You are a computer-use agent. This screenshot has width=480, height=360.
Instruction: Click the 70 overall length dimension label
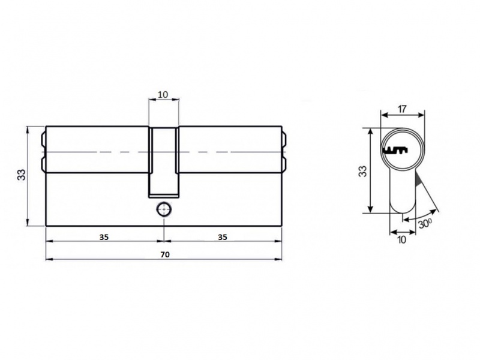click(x=164, y=254)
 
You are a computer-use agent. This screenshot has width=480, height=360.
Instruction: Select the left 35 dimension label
click(x=104, y=237)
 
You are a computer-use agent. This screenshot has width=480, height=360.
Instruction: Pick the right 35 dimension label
click(x=223, y=237)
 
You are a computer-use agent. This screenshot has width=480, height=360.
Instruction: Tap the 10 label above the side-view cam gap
click(x=163, y=95)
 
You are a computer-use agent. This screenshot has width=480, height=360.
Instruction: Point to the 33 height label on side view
click(x=22, y=175)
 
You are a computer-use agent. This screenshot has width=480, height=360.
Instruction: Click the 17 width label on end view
click(x=402, y=109)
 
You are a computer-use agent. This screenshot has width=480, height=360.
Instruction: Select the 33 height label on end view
click(x=362, y=171)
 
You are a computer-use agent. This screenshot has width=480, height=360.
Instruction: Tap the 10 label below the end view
click(x=401, y=239)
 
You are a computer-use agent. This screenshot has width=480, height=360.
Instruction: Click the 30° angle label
click(x=425, y=223)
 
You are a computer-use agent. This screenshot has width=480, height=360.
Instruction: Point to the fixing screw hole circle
click(x=164, y=209)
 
